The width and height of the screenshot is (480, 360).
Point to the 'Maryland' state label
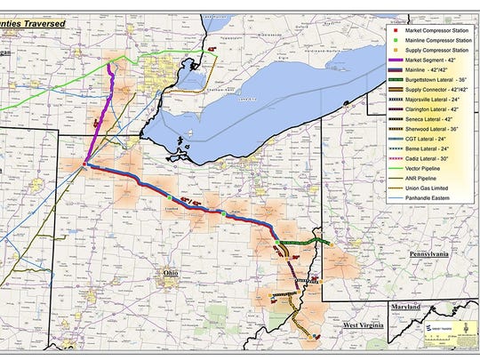pyautogui.click(x=407, y=307)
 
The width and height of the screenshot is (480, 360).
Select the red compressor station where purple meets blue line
pyautogui.click(x=84, y=164)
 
